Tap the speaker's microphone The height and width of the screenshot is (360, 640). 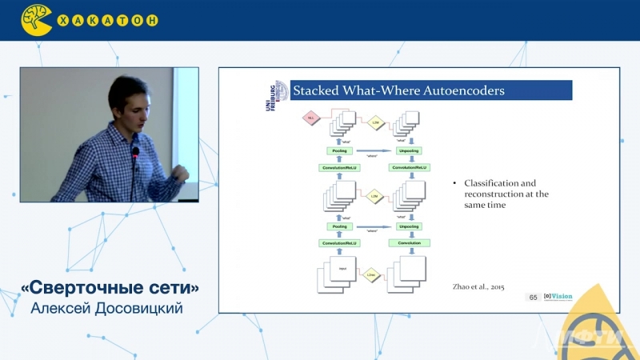135,152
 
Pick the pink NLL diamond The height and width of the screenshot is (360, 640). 312,118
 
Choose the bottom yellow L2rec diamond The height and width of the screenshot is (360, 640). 371,274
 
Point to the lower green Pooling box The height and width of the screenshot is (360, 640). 338,226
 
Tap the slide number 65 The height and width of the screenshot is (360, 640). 533,297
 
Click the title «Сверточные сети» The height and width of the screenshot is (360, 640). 110,287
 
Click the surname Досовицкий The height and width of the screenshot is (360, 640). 137,308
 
